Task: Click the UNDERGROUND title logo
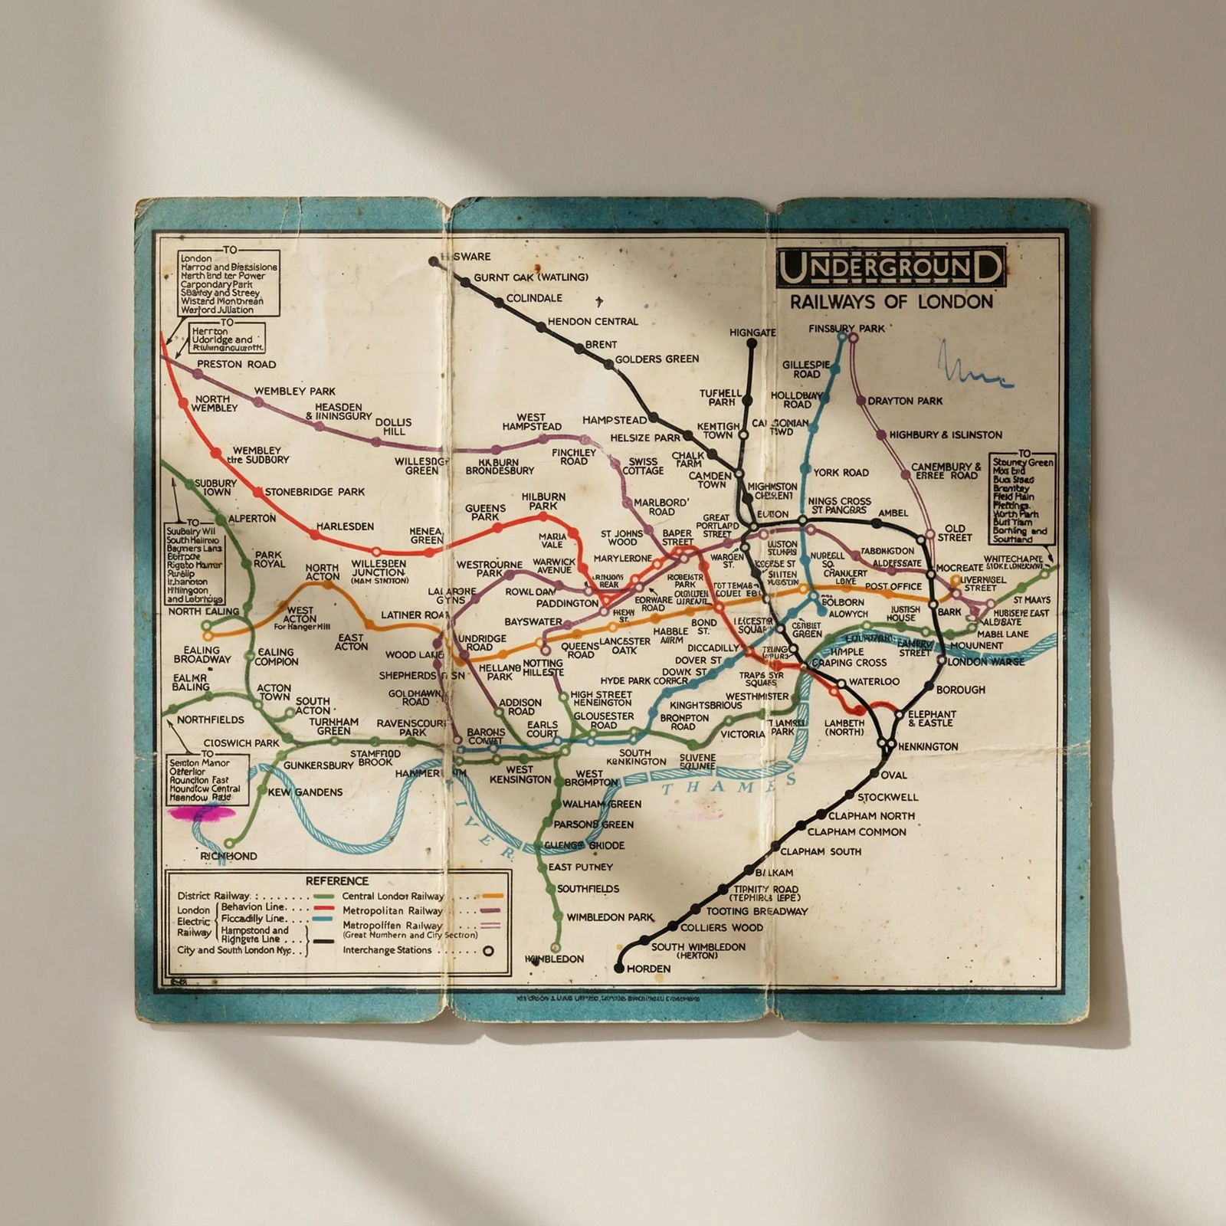click(x=890, y=267)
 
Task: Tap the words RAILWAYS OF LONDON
click(x=891, y=301)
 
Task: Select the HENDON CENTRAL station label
click(x=592, y=322)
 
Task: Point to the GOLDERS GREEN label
click(x=657, y=359)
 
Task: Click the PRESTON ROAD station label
click(x=236, y=364)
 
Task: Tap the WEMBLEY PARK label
click(x=295, y=391)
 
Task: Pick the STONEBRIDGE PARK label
click(x=314, y=491)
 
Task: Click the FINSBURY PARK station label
click(x=847, y=329)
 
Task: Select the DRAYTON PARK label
click(x=905, y=401)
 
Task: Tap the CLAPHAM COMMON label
click(x=856, y=831)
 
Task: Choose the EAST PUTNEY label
click(x=581, y=867)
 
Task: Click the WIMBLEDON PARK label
click(x=610, y=916)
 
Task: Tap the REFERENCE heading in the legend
click(x=337, y=881)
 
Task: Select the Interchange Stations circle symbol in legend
click(x=487, y=951)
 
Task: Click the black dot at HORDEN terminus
click(x=619, y=969)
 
